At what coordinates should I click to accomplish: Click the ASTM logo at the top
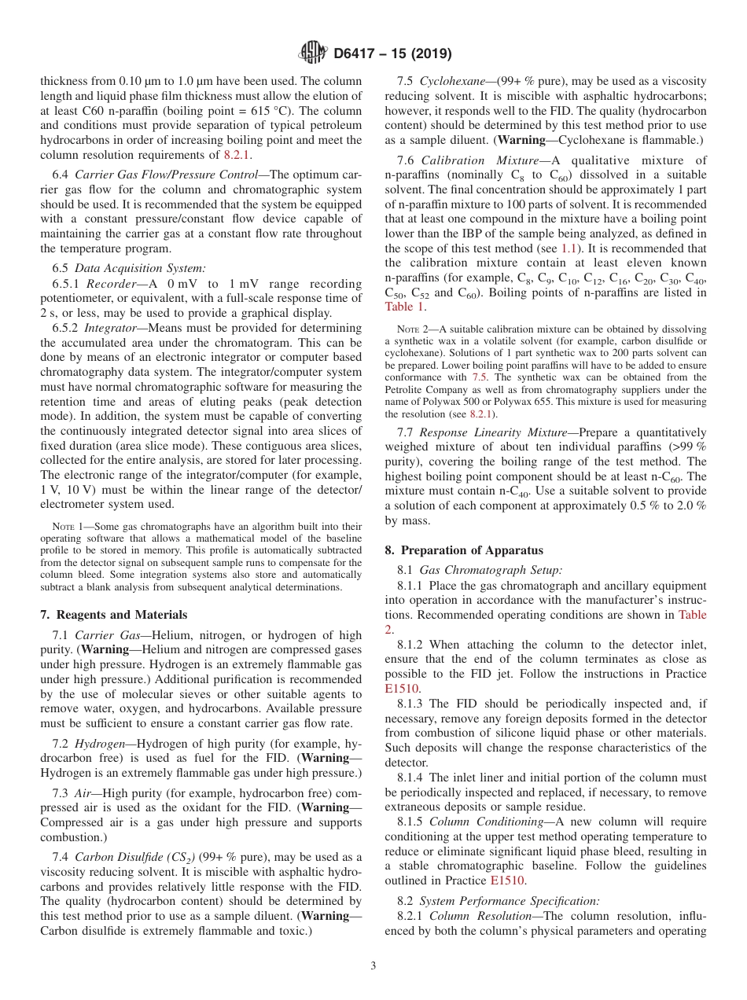point(314,53)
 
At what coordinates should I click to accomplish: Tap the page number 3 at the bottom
point(373,966)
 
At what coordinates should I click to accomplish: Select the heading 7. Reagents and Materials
point(113,615)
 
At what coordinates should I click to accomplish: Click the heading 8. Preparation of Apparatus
point(469,550)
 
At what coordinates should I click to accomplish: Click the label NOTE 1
point(64,527)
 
